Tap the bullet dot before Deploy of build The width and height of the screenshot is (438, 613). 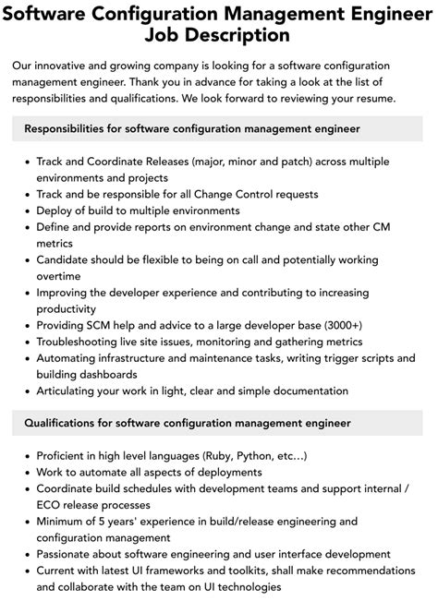(25, 210)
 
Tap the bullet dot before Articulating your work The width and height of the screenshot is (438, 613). (25, 392)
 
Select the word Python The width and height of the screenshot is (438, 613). (261, 456)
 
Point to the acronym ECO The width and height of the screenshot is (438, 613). (51, 505)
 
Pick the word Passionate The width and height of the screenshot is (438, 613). (68, 555)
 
